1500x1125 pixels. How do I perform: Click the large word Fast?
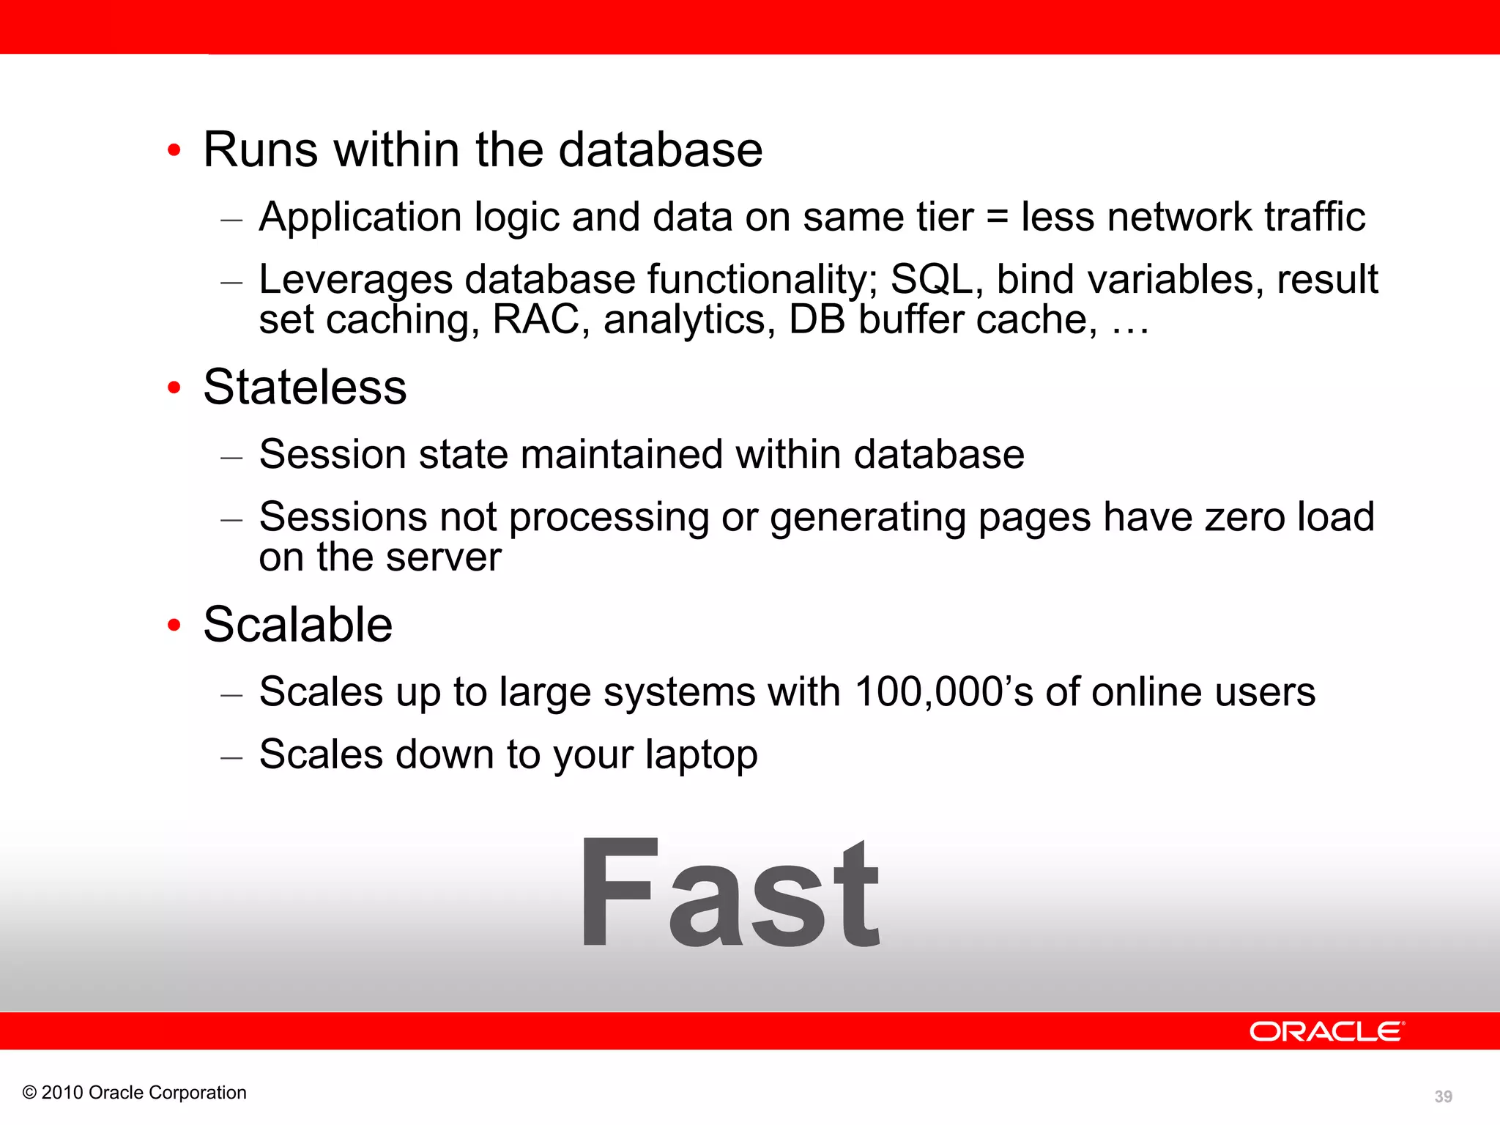coord(730,894)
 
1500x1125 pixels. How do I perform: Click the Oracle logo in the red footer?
coord(1326,1031)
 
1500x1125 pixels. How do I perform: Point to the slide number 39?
coord(1443,1096)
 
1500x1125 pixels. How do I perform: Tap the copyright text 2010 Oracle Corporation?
coord(135,1092)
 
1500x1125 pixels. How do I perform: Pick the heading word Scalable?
coord(298,625)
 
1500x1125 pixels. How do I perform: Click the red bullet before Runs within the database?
coord(174,150)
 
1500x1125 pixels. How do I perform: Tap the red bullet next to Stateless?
coord(174,387)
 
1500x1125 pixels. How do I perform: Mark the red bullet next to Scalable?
coord(174,625)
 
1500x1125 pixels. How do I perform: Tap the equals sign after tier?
coord(997,218)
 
